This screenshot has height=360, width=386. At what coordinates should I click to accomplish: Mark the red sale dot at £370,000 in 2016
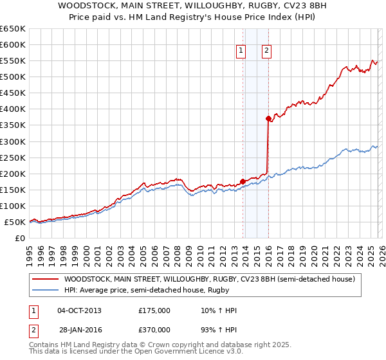pos(268,118)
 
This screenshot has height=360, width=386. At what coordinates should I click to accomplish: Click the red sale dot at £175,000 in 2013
pos(243,181)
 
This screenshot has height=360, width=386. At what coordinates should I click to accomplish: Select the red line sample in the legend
pos(46,280)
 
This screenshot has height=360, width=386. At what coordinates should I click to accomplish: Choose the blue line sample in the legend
pos(46,291)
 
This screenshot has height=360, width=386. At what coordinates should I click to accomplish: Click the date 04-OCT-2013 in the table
pos(79,310)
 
